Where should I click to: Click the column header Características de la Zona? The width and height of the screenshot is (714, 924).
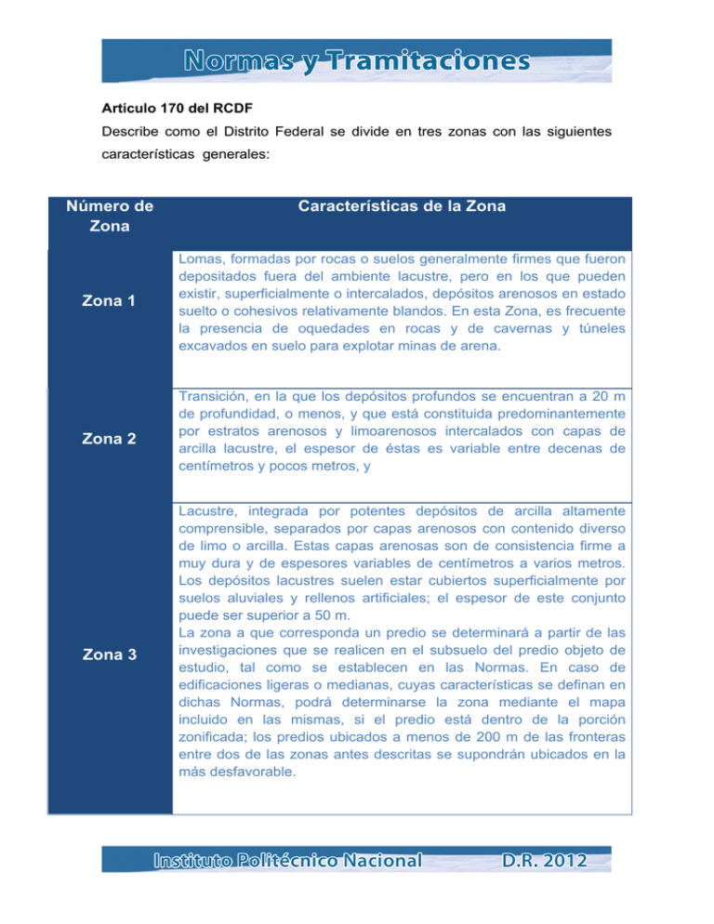click(x=402, y=206)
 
